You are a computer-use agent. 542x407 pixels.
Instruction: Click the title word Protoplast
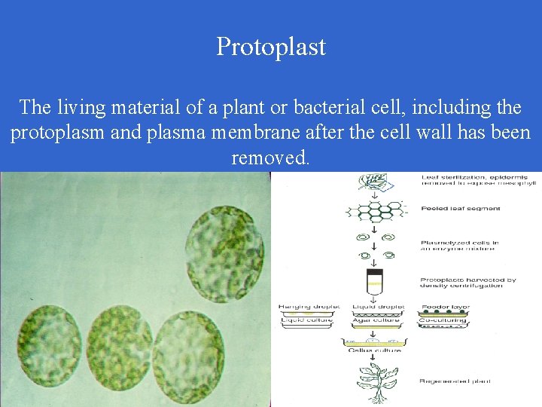click(x=271, y=46)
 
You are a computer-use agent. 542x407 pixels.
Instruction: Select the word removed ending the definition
click(x=270, y=158)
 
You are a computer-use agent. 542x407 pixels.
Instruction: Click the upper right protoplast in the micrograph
click(x=225, y=246)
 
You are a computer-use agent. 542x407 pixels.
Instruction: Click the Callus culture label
click(x=373, y=350)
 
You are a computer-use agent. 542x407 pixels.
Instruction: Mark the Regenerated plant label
click(x=455, y=381)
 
